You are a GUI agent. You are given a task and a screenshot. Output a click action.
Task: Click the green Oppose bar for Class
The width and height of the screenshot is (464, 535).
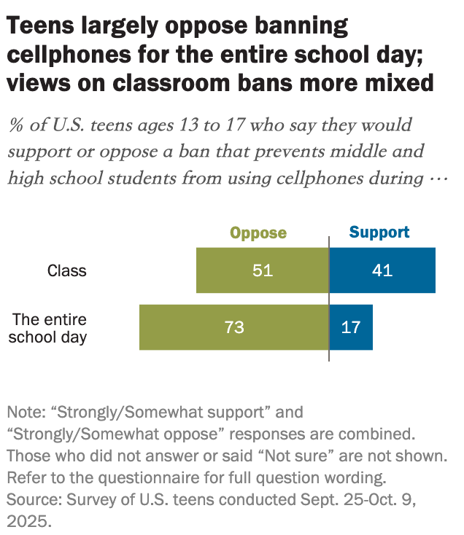[x=226, y=270]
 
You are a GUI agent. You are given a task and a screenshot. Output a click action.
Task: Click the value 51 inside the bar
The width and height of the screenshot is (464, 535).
[x=262, y=270]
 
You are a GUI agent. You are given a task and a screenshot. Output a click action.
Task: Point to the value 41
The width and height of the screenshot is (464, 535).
[x=382, y=270]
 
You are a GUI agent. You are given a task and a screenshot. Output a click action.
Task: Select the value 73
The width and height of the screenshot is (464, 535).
[x=234, y=327]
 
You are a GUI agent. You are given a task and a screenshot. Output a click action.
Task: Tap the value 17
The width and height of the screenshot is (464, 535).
[x=351, y=327]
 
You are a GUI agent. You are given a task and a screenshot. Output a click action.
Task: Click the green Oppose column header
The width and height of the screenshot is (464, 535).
[x=258, y=233]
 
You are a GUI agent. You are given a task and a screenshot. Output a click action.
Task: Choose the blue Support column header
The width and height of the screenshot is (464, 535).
[x=379, y=233]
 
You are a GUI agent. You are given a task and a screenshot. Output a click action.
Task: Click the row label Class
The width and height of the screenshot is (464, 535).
[x=67, y=271]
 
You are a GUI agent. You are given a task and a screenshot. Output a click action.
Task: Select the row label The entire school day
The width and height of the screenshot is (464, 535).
[x=50, y=328]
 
